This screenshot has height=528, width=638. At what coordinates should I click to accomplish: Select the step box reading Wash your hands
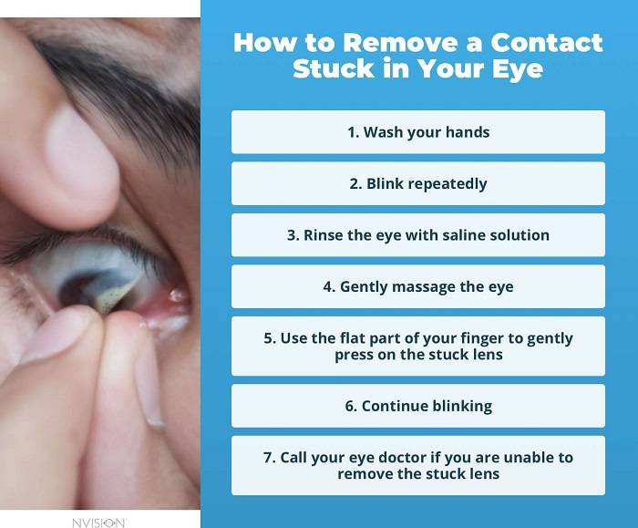(418, 132)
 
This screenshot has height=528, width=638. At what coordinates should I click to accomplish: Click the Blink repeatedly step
(418, 183)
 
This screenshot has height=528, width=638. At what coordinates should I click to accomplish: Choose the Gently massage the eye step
(418, 286)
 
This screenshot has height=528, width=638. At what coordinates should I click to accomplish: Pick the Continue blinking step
(418, 406)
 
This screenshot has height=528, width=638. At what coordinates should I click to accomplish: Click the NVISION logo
(98, 522)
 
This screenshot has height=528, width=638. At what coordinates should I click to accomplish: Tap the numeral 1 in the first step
(351, 132)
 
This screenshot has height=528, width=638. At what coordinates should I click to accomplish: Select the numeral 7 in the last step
(268, 458)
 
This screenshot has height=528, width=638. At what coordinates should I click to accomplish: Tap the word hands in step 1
(468, 132)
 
